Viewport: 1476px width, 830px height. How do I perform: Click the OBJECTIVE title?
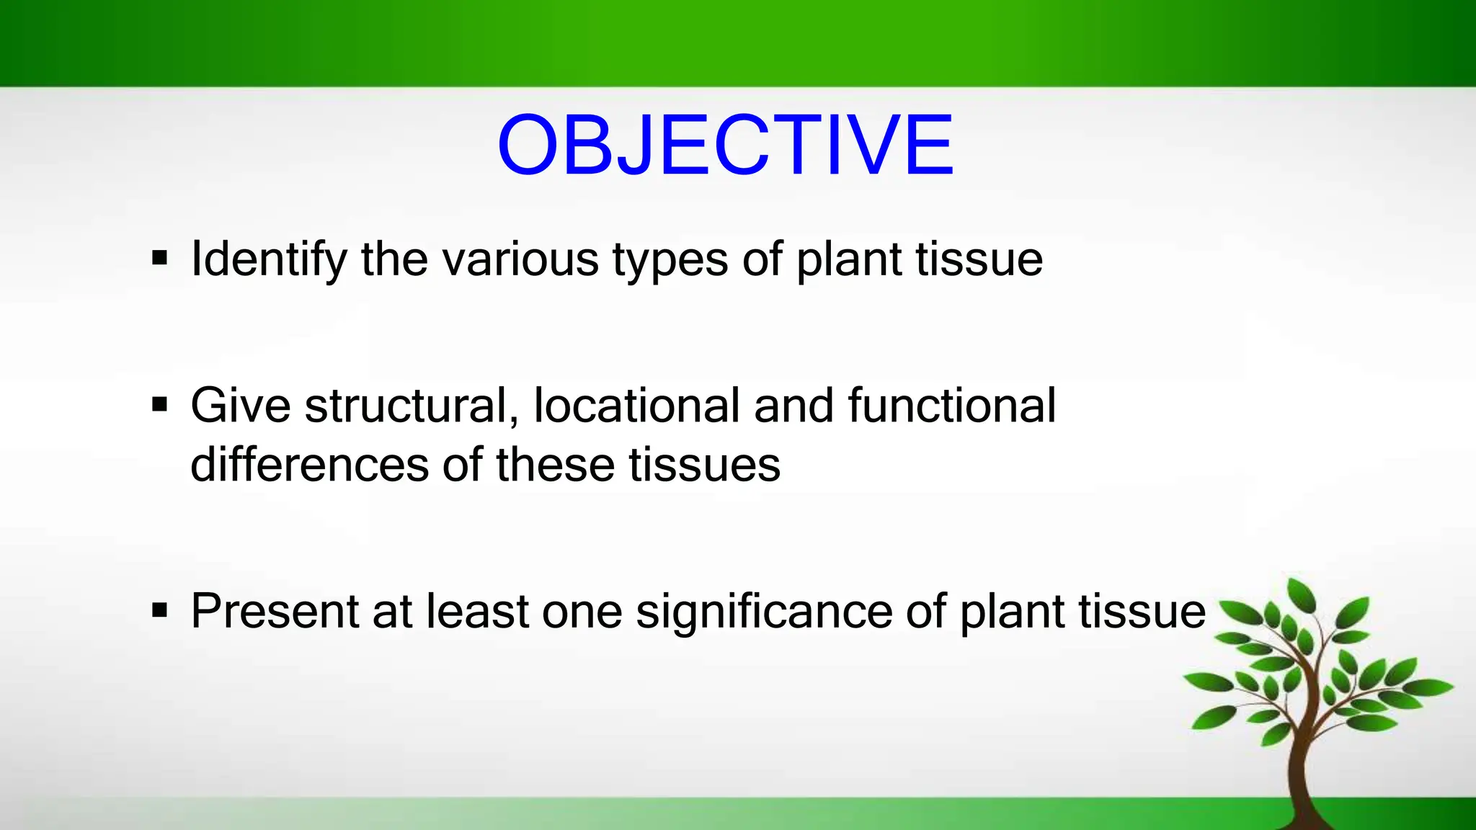pyautogui.click(x=725, y=146)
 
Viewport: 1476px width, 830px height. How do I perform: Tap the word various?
pyautogui.click(x=520, y=259)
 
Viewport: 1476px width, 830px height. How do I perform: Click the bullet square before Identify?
pyautogui.click(x=160, y=257)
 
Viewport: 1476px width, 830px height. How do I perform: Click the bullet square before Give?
pyautogui.click(x=160, y=404)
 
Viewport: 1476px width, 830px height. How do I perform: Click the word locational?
pyautogui.click(x=636, y=406)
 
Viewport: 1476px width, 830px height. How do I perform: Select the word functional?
pyautogui.click(x=951, y=406)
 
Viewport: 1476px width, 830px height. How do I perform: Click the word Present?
pyautogui.click(x=275, y=611)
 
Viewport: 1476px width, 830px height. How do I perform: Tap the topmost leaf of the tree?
pyautogui.click(x=1302, y=595)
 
